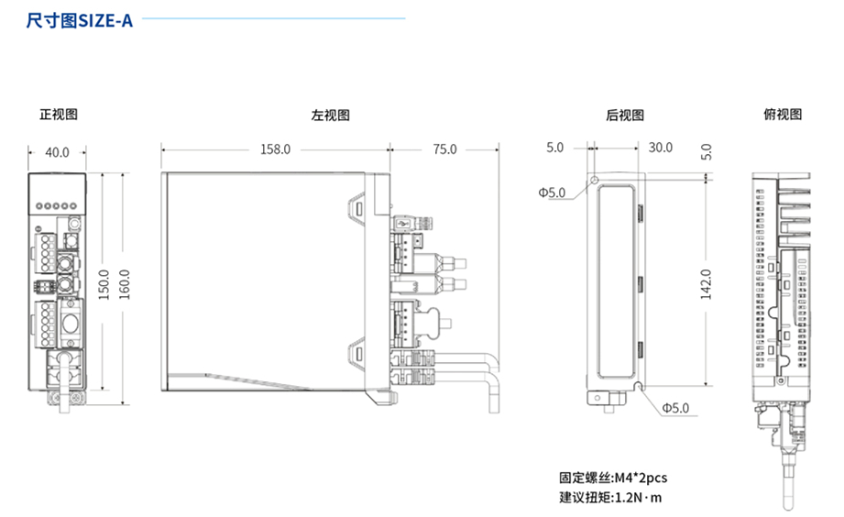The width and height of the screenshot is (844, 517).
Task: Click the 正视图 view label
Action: [59, 115]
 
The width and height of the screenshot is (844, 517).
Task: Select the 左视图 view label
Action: [330, 115]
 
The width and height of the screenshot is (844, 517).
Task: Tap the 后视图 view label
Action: [625, 115]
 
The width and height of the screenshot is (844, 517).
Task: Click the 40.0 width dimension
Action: [58, 152]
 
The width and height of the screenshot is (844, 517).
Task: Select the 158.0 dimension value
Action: [275, 148]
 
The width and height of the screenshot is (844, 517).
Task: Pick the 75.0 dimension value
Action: [444, 148]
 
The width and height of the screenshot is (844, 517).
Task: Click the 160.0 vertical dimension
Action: [126, 284]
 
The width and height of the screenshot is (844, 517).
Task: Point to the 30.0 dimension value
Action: [660, 148]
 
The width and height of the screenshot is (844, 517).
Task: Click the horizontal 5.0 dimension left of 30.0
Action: [555, 148]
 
